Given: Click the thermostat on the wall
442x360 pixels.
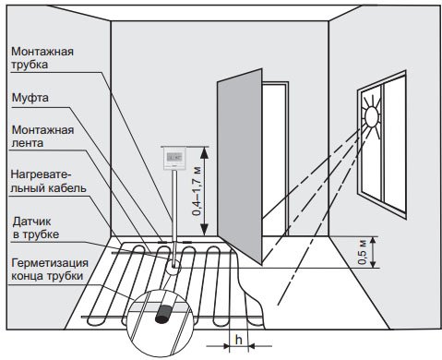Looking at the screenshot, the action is tap(174, 158).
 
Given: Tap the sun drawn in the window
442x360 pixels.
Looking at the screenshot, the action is tap(371, 116).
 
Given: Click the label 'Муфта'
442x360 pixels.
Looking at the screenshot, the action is tap(30, 98).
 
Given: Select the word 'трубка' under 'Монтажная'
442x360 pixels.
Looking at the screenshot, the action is tap(30, 65).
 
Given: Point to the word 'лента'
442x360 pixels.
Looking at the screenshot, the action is tap(27, 143).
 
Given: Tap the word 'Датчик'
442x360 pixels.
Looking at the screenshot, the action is tap(31, 221).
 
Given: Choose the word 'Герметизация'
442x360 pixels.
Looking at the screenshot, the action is tap(50, 263).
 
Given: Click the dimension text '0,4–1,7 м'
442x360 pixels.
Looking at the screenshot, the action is tap(197, 191).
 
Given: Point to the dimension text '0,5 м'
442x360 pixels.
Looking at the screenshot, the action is tap(363, 252).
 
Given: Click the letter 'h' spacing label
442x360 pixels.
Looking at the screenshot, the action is tap(238, 340).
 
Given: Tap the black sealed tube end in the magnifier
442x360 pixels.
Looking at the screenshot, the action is tap(163, 314).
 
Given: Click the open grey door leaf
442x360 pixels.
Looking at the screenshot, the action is tap(240, 165).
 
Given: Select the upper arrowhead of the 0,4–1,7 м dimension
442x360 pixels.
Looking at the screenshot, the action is tap(205, 152).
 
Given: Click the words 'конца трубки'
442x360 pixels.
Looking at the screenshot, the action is tap(47, 276).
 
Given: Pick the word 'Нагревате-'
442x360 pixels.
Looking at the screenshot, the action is tap(42, 174).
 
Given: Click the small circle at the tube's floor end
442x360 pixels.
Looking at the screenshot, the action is tap(173, 267).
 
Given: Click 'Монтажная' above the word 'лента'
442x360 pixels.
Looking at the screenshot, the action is tap(42, 130).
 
